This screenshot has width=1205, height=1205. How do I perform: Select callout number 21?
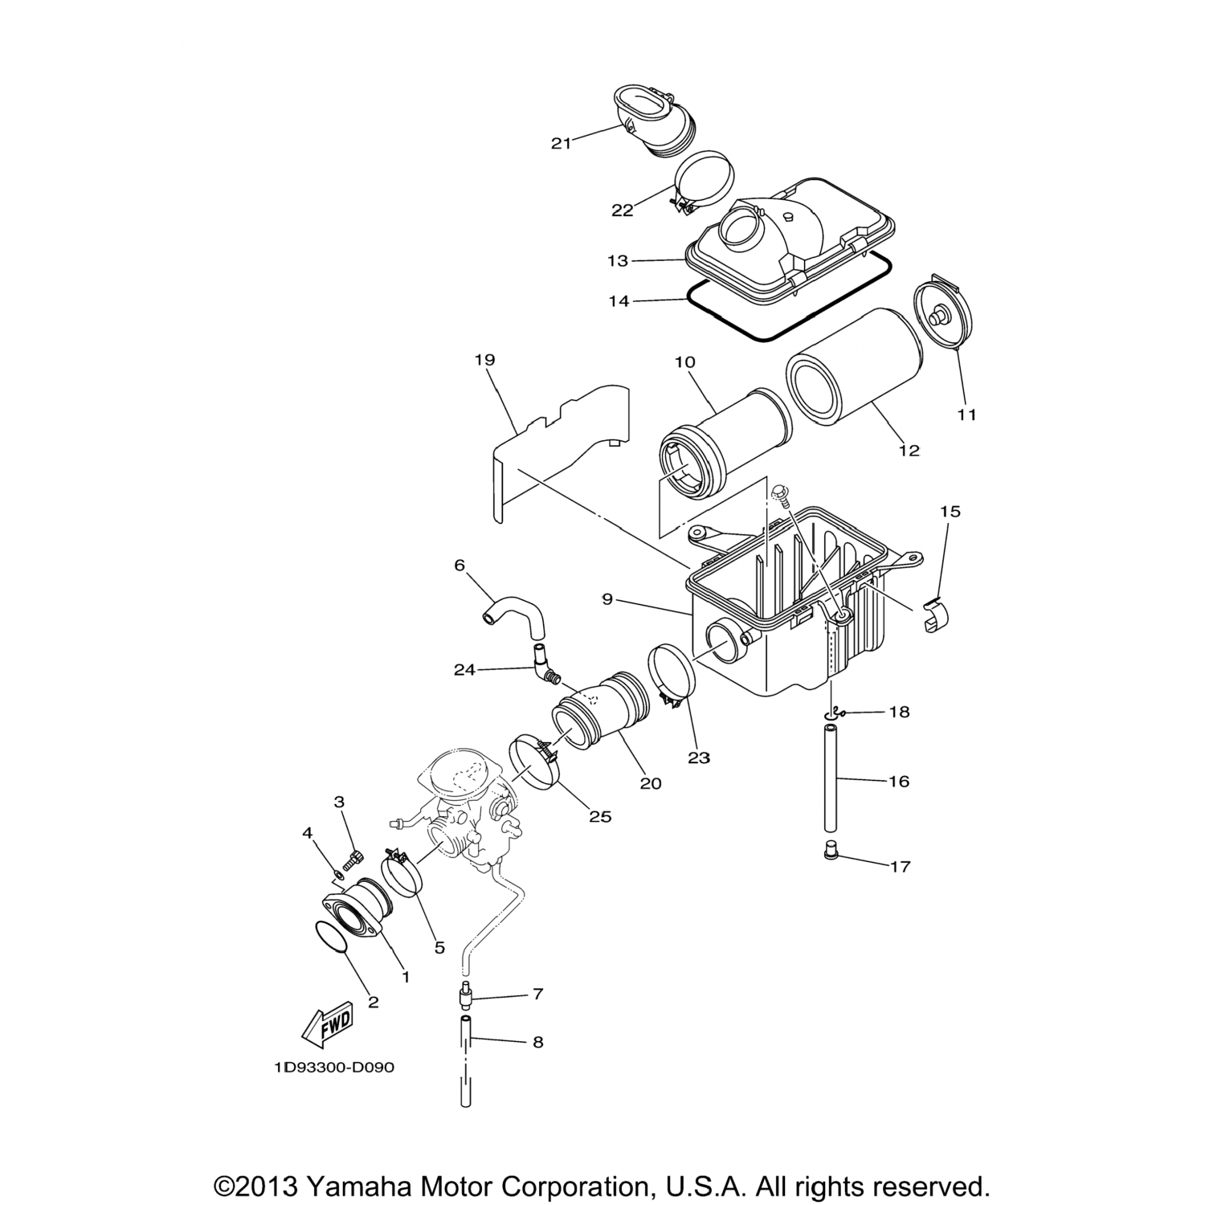[x=561, y=143]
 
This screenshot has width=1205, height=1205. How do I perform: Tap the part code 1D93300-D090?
[x=334, y=1068]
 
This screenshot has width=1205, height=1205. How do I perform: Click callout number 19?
[x=484, y=360]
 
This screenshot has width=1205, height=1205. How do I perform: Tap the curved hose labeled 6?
[x=514, y=620]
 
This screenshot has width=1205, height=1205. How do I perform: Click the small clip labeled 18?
[x=837, y=711]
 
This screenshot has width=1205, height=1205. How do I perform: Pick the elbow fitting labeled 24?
[x=546, y=668]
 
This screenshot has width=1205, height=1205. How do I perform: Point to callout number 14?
[x=619, y=301]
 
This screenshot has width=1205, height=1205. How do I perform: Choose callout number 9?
[x=607, y=598]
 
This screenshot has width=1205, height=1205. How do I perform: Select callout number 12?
[x=909, y=450]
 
